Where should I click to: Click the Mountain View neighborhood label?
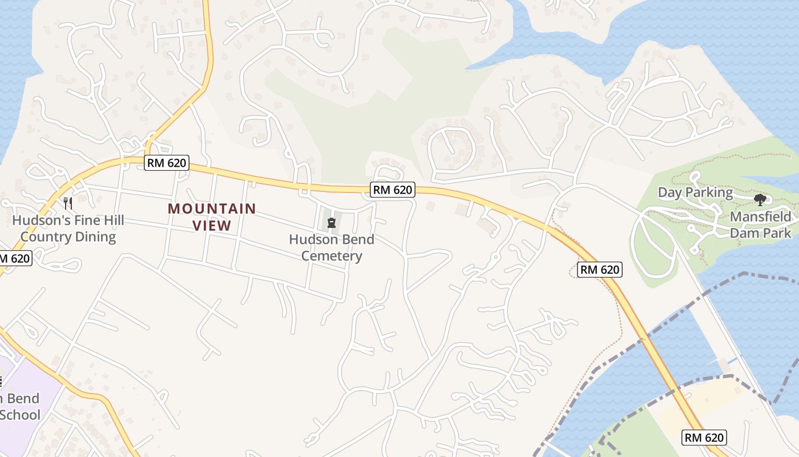click(212, 217)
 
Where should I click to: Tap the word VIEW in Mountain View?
click(212, 226)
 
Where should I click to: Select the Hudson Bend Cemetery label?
click(332, 247)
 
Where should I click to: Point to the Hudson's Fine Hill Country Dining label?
click(68, 228)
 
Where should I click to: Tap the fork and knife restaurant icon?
click(67, 203)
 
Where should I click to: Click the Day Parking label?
click(695, 193)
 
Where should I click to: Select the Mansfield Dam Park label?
click(761, 225)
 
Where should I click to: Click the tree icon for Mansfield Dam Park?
click(760, 200)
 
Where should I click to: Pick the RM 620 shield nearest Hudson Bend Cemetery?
click(392, 190)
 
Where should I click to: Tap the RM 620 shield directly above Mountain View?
click(166, 163)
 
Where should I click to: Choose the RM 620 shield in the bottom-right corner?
click(704, 438)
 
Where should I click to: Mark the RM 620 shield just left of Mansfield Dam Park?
click(600, 270)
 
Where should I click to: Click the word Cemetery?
click(332, 256)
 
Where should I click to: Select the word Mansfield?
click(761, 217)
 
